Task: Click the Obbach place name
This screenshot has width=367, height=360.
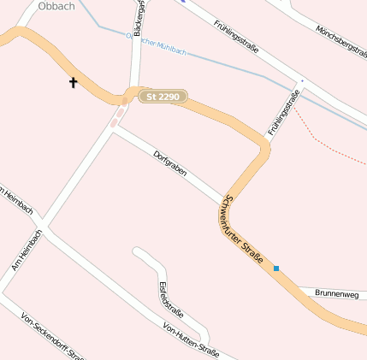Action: coord(56,6)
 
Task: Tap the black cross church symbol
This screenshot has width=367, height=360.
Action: coord(73,83)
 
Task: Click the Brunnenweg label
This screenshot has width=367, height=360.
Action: coord(336,293)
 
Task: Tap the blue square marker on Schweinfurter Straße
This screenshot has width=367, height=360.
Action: coord(276,269)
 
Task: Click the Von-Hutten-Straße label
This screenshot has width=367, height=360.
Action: coord(191,340)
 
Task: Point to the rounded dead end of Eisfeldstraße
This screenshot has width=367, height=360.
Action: coord(138,251)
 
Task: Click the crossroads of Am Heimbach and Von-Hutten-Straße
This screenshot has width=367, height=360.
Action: coord(43,229)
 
